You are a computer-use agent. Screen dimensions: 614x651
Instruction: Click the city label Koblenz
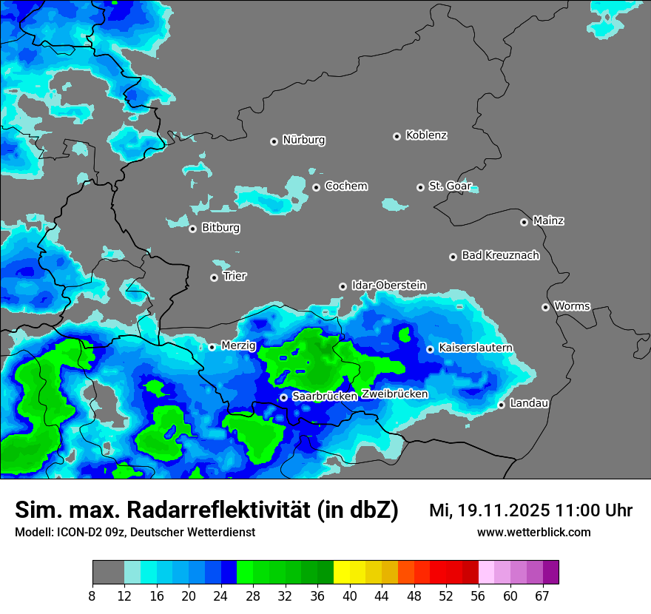[x=427, y=135]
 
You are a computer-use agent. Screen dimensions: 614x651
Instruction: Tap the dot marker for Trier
[x=215, y=277]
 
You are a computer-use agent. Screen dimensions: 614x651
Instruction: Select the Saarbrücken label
[x=325, y=397]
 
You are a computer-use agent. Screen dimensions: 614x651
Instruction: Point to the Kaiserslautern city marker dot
[x=431, y=349]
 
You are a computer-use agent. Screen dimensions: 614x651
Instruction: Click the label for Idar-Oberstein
[x=388, y=286]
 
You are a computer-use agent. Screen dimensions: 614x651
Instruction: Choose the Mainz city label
[x=548, y=220]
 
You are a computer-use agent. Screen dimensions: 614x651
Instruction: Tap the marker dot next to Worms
[x=546, y=307]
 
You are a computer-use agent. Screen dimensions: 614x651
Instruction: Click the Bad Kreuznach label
[x=500, y=255]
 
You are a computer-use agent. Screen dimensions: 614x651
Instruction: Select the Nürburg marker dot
[x=274, y=141]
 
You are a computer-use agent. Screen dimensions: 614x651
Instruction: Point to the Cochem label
[x=346, y=186]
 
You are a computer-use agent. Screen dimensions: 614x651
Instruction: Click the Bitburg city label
[x=220, y=228]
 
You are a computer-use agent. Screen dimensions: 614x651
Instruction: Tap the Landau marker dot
[x=502, y=405]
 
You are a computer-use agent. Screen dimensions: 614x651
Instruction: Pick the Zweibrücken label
[x=395, y=394]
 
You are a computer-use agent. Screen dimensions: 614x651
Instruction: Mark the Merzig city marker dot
[x=212, y=347]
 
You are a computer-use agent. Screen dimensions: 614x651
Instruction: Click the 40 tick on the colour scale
[x=350, y=596]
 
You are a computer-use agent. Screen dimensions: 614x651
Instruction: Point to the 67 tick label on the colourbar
[x=542, y=596]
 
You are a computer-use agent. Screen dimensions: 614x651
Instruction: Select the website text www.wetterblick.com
[x=534, y=532]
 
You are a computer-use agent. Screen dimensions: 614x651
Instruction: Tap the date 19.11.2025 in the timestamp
[x=502, y=510]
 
